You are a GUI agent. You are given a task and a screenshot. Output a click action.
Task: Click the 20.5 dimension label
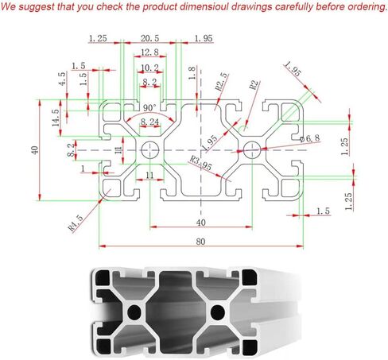[149, 38]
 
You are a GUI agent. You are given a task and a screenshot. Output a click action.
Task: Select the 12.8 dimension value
[149, 52]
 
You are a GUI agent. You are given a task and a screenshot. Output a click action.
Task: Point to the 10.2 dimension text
[149, 68]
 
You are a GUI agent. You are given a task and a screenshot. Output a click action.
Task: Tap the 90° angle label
[149, 108]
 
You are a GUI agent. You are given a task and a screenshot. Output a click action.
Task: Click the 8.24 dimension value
[149, 122]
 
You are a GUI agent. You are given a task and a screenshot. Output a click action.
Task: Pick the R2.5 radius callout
[221, 82]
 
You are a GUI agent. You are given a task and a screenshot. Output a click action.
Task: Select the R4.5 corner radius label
[76, 223]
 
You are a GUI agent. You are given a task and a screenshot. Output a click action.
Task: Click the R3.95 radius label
[201, 163]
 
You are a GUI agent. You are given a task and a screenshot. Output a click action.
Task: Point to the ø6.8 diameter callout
[310, 138]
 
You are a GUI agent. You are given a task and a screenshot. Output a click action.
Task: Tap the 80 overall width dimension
[200, 242]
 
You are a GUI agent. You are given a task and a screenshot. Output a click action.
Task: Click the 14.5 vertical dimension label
[56, 118]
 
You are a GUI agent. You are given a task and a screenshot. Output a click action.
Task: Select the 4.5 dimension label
[62, 79]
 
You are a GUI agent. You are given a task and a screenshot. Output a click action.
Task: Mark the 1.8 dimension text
[192, 73]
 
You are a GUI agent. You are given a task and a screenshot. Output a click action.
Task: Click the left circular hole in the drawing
[150, 150]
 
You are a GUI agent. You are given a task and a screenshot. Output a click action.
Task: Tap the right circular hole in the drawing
[252, 150]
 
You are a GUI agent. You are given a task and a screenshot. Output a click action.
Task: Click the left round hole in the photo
[134, 312]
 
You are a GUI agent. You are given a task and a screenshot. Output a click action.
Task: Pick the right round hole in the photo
[218, 312]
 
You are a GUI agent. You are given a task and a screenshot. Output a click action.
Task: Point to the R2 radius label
[254, 85]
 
